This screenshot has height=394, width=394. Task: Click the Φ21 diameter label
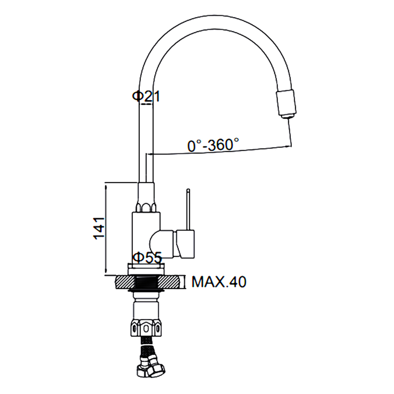click(x=146, y=96)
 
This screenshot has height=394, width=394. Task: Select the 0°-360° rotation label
click(x=213, y=145)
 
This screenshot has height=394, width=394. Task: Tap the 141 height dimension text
click(x=99, y=228)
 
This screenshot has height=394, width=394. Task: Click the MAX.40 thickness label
click(x=219, y=282)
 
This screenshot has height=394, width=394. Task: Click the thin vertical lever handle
click(x=188, y=209)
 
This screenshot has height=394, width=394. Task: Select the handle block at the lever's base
click(x=186, y=244)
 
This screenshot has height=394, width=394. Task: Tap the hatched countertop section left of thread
click(x=126, y=282)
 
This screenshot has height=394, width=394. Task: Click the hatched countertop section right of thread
click(x=169, y=282)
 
